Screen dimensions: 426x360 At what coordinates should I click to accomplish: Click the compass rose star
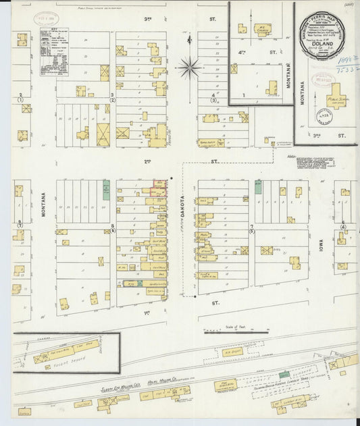click(189, 67)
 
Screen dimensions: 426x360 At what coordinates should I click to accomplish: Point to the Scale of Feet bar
click(236, 331)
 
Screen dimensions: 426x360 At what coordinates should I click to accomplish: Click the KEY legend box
click(54, 50)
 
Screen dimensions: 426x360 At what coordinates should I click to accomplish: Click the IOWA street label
click(322, 243)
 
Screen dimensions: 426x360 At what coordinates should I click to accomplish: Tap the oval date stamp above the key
click(47, 19)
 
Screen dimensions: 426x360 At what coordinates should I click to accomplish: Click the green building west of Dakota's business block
click(106, 190)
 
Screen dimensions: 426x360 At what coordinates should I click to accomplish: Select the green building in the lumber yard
click(284, 374)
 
